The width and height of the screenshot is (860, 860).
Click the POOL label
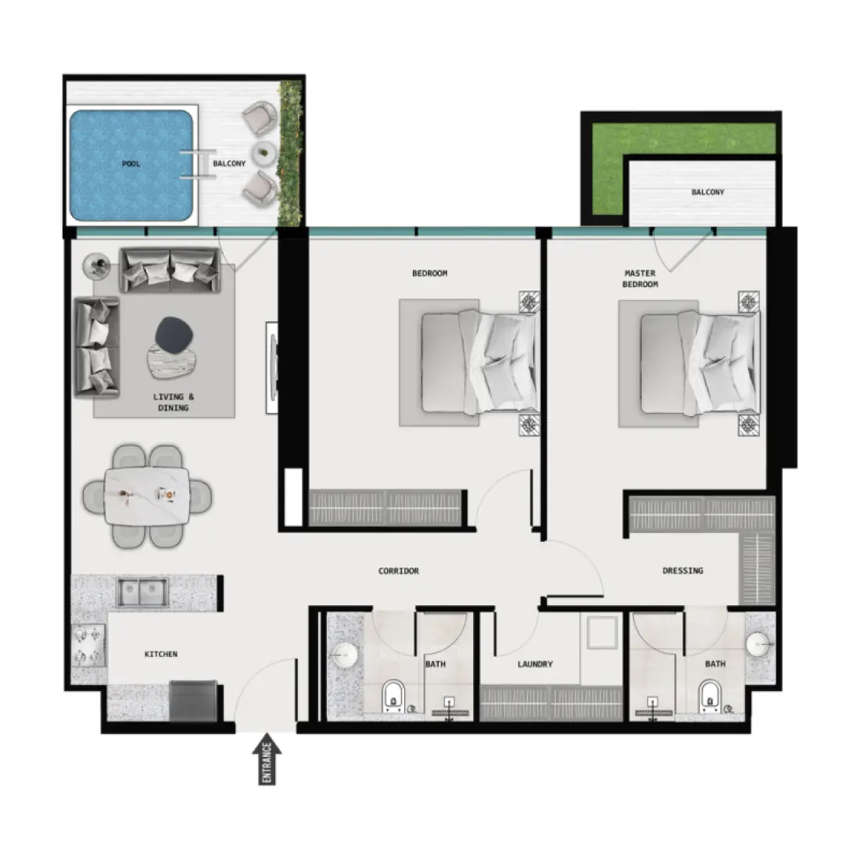[131, 164]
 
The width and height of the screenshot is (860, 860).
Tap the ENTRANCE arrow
[267, 761]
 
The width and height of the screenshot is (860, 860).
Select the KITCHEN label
[161, 654]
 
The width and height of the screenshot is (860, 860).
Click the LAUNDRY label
[535, 665]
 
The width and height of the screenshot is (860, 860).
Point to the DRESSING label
[683, 571]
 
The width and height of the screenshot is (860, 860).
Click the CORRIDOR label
[399, 571]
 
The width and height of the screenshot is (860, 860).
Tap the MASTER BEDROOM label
[640, 279]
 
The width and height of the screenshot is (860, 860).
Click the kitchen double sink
[142, 593]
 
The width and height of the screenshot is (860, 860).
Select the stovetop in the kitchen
[88, 646]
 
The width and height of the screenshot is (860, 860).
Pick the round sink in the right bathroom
[758, 645]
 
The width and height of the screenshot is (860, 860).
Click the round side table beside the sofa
[97, 267]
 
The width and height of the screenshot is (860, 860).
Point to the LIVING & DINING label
[173, 403]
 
